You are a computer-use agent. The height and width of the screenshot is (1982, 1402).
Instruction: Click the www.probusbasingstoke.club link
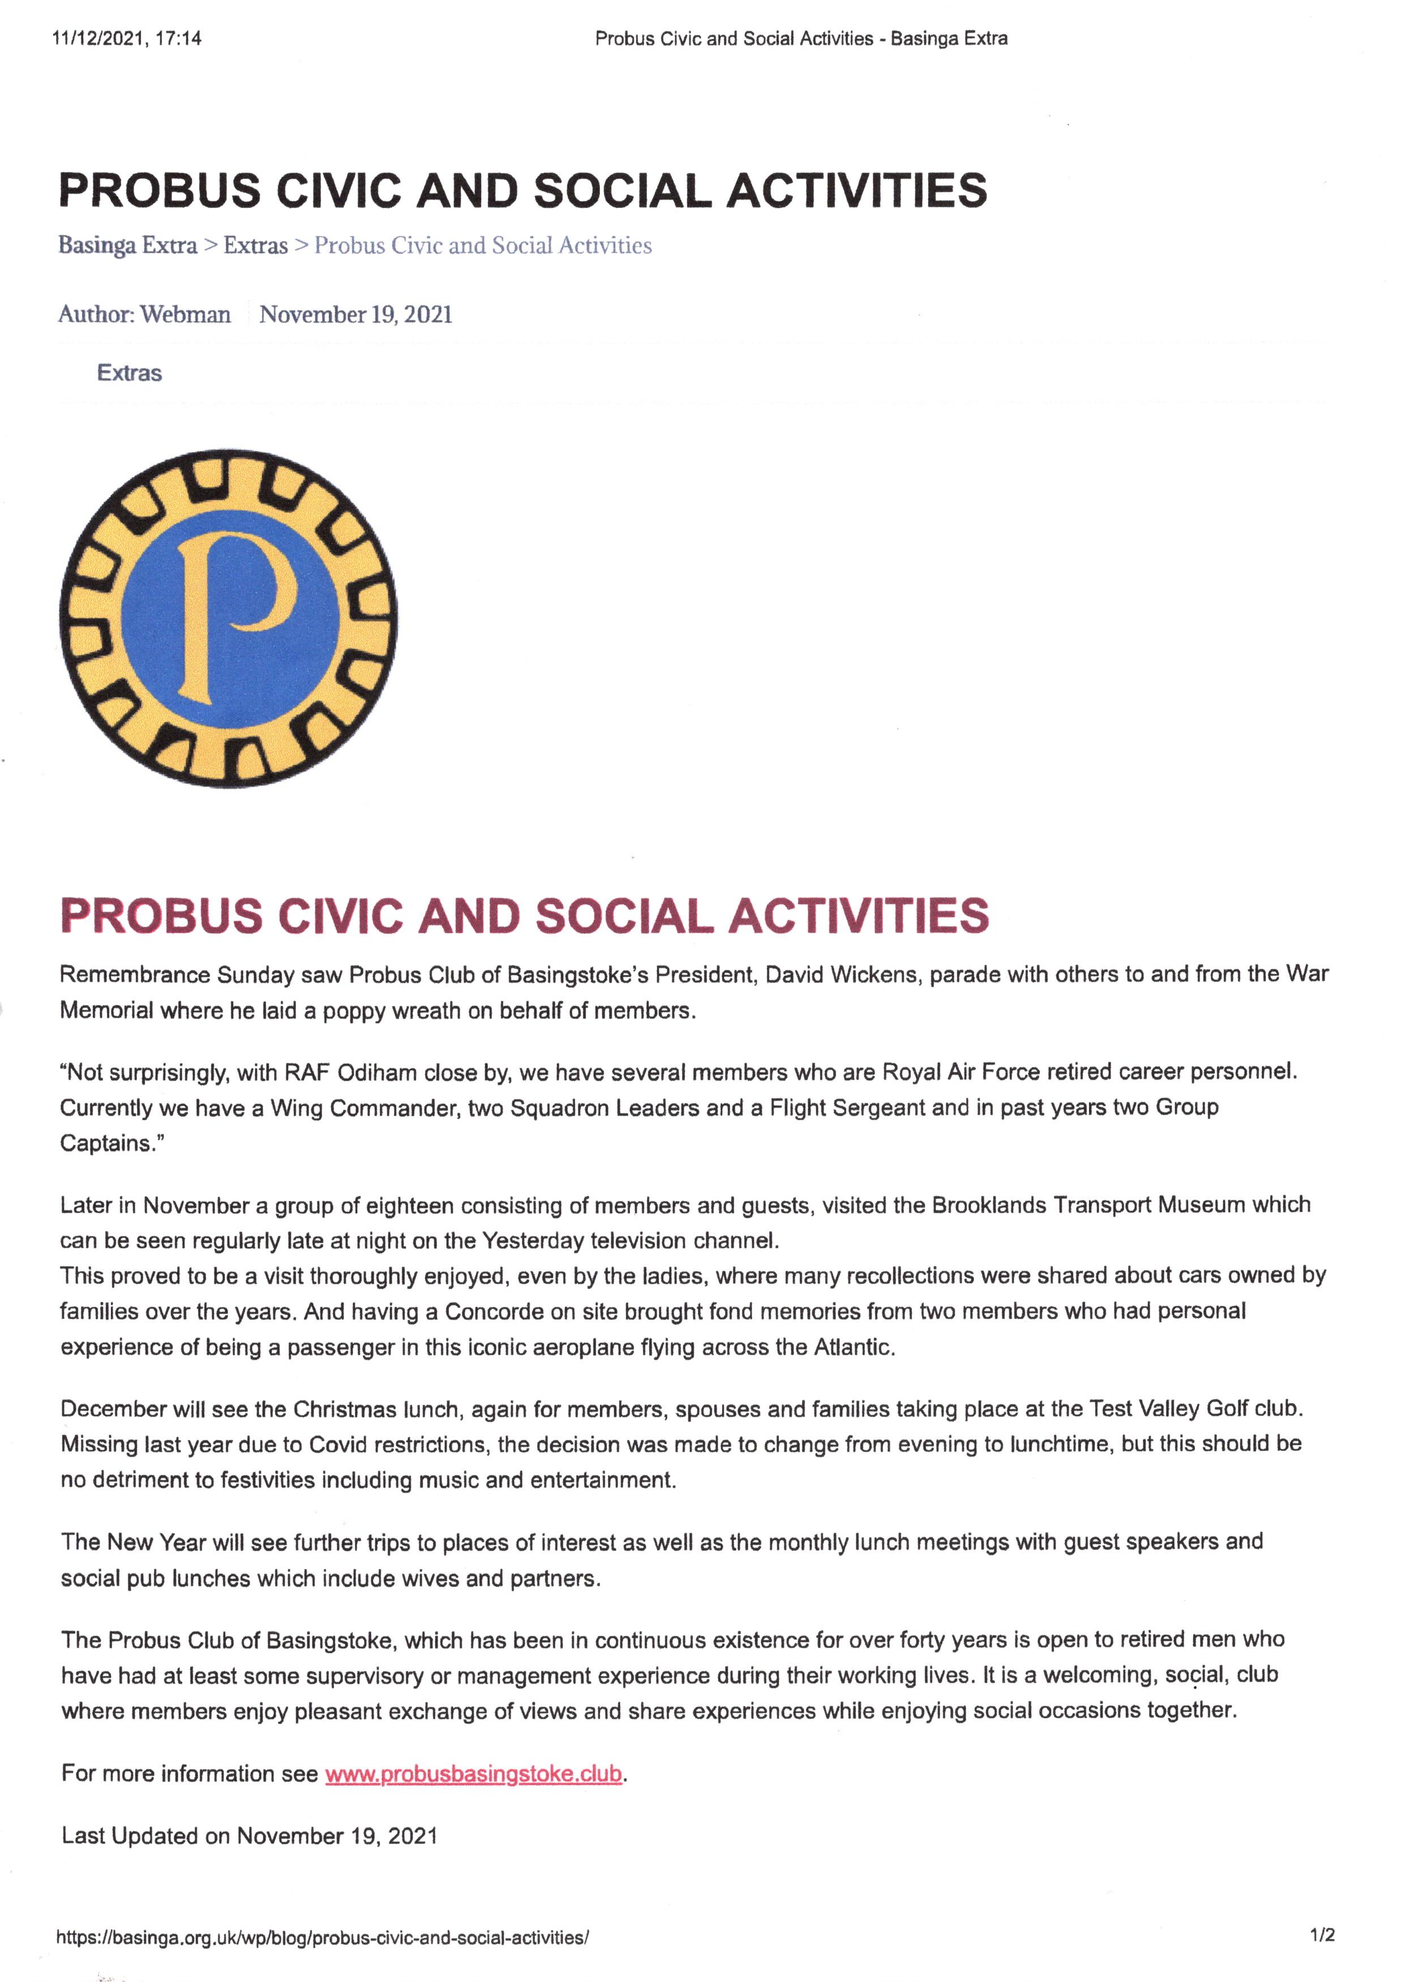[473, 1774]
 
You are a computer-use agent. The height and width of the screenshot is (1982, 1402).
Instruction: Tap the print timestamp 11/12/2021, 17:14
[127, 38]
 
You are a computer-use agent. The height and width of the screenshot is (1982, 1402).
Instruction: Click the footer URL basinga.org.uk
[322, 1937]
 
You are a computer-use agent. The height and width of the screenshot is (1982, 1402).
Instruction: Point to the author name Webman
[186, 314]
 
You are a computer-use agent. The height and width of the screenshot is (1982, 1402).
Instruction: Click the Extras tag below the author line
[130, 373]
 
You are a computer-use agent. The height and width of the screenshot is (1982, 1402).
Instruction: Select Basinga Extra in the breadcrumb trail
[128, 245]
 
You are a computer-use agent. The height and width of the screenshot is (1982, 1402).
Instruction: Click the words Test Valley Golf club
[1195, 1408]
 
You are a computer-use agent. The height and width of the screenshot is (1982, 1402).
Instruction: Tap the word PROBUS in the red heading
[161, 916]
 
